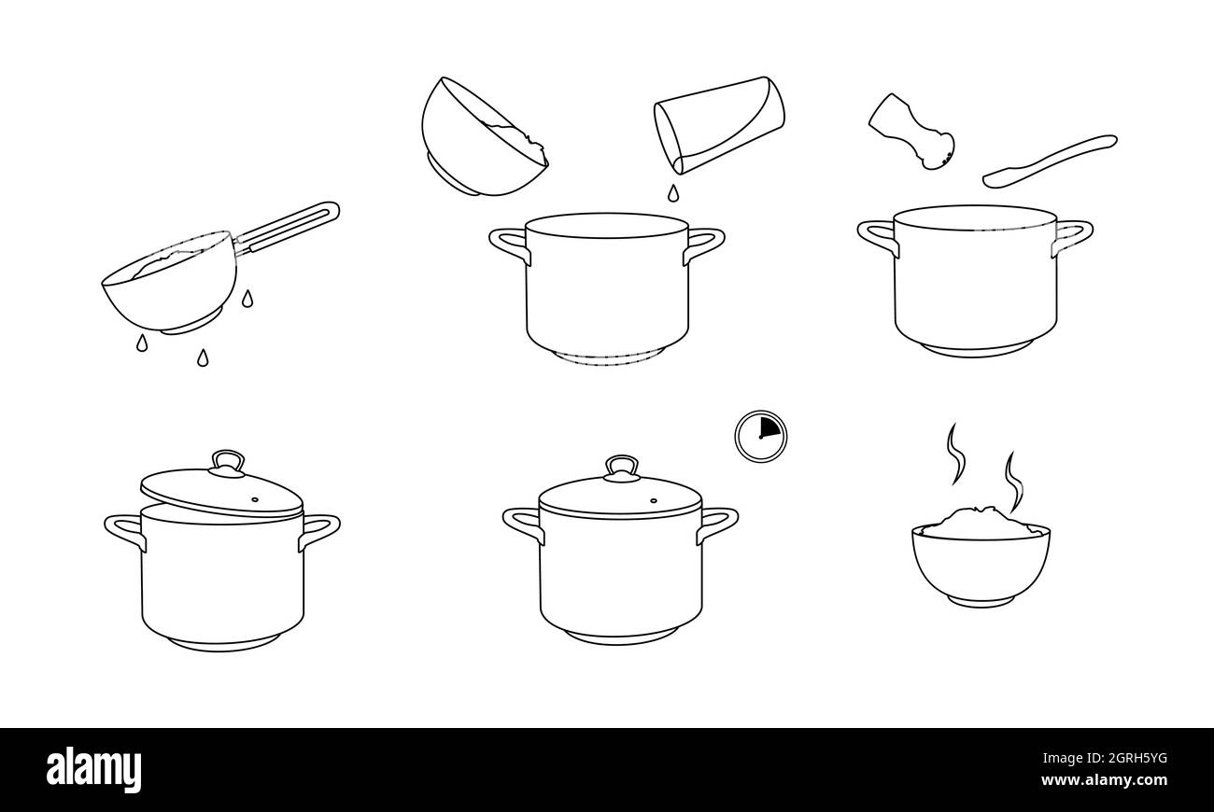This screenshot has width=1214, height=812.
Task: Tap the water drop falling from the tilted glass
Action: tap(672, 193)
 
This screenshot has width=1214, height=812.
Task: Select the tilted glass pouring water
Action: tap(717, 124)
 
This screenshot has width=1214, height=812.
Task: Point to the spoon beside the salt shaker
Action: tap(1051, 159)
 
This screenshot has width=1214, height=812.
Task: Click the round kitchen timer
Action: tap(760, 436)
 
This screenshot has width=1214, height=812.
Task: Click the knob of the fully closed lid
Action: tap(621, 468)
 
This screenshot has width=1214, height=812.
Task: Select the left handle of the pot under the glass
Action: tap(509, 245)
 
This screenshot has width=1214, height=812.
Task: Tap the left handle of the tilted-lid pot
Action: tap(124, 530)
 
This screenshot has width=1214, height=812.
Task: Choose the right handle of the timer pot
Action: tap(717, 524)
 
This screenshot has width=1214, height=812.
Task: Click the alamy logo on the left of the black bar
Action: tap(94, 769)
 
